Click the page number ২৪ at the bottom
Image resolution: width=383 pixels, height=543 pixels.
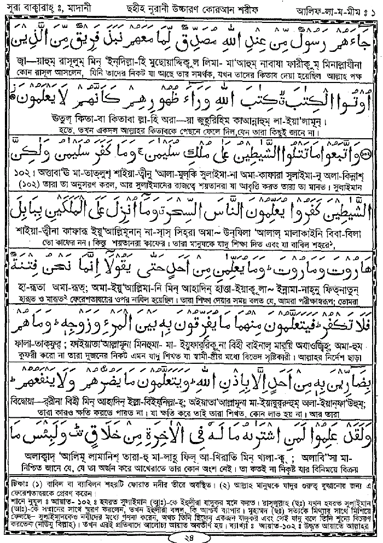[x=190, y=534]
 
